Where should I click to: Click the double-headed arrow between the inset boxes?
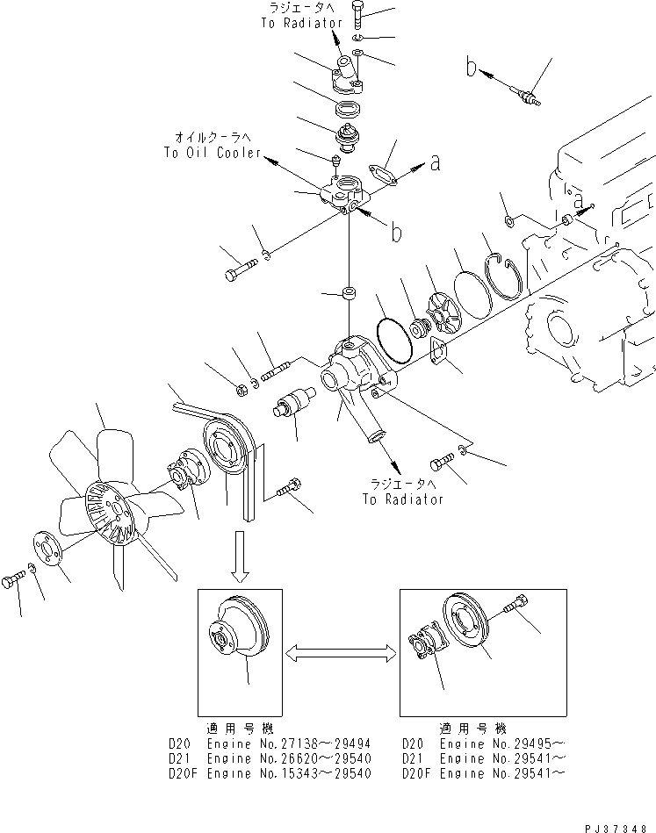pyautogui.click(x=341, y=651)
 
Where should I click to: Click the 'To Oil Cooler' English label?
pyautogui.click(x=212, y=152)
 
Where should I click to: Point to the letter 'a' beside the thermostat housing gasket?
pyautogui.click(x=433, y=161)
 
